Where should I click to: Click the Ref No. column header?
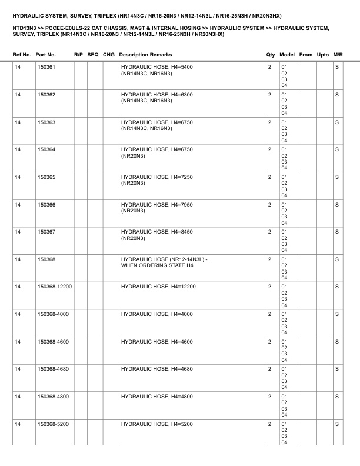[x=22, y=55]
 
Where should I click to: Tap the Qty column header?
[x=271, y=55]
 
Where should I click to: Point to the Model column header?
[x=288, y=55]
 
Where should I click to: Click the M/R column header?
[x=338, y=55]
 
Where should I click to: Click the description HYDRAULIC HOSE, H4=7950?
[x=156, y=204]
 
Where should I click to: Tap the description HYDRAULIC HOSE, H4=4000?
[x=156, y=314]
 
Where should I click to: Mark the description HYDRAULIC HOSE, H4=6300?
[x=156, y=95]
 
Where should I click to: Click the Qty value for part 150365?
[x=269, y=177]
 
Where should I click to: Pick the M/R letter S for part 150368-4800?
[x=337, y=397]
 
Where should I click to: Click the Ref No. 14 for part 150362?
[x=18, y=95]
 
